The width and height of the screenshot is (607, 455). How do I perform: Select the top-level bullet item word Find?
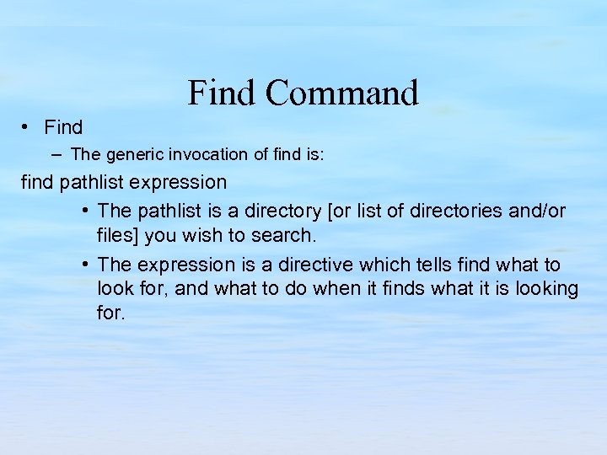point(63,127)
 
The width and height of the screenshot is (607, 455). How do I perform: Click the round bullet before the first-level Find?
point(27,127)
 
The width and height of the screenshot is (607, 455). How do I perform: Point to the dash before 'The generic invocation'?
point(56,154)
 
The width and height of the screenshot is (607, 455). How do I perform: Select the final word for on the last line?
point(110,313)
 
